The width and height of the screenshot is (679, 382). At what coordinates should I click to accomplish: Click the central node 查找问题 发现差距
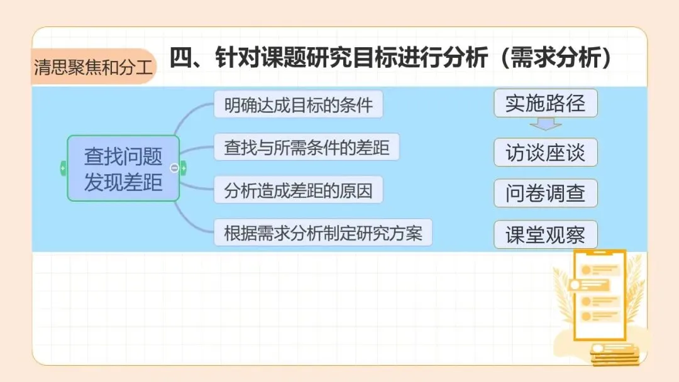click(x=123, y=168)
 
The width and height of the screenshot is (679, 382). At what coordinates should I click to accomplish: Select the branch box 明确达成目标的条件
click(x=298, y=105)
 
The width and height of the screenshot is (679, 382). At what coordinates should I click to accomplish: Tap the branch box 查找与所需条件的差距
click(x=306, y=148)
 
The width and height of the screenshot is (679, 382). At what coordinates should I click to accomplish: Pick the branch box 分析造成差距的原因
click(x=298, y=190)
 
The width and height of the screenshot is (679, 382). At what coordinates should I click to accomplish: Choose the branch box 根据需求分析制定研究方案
click(x=323, y=233)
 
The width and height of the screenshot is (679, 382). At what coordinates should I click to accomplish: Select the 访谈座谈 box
click(x=545, y=153)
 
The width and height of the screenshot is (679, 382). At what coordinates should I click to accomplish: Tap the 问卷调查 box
click(x=545, y=194)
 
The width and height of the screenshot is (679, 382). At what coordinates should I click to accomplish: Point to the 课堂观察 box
click(x=545, y=235)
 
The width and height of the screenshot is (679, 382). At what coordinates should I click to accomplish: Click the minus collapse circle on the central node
click(x=175, y=168)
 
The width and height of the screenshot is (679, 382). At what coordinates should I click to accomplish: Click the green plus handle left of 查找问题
click(x=63, y=168)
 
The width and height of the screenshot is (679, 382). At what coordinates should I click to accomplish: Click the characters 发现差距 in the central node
click(x=123, y=182)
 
